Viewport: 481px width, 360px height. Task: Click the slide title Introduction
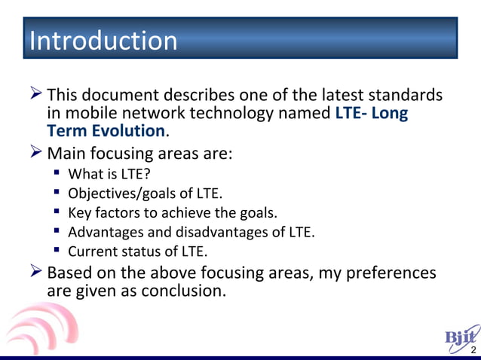(x=103, y=40)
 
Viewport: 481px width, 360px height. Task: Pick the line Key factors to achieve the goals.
(x=167, y=213)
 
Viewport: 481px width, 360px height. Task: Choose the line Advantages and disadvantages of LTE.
(x=191, y=232)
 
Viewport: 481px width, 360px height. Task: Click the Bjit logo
(x=461, y=337)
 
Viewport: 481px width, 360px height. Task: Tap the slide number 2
(x=473, y=351)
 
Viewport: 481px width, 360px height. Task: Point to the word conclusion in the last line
(x=180, y=289)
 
